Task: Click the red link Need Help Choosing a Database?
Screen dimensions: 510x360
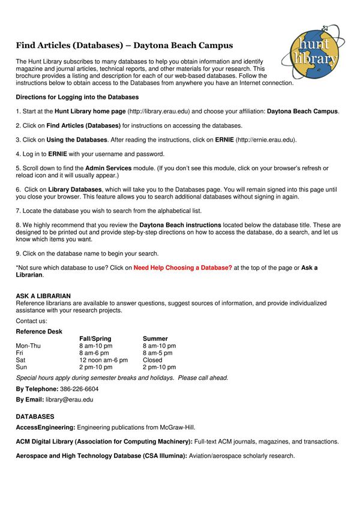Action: point(182,268)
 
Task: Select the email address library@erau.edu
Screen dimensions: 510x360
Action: point(70,399)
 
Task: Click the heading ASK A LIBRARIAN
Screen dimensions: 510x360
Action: point(43,296)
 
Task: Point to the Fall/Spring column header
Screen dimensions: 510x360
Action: point(95,338)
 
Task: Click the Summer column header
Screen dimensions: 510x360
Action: point(155,338)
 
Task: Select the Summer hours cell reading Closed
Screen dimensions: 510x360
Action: point(152,360)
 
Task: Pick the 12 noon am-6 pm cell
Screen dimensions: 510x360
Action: point(103,360)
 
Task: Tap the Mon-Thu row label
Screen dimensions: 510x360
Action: point(28,346)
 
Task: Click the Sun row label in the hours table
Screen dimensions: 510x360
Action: point(22,367)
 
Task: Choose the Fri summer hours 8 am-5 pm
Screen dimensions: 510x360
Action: point(157,353)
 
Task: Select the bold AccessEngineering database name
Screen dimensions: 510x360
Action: point(45,427)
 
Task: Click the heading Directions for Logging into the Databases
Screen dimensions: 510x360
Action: point(77,97)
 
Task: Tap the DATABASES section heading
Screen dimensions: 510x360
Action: point(35,416)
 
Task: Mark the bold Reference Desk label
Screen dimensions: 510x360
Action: point(39,331)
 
